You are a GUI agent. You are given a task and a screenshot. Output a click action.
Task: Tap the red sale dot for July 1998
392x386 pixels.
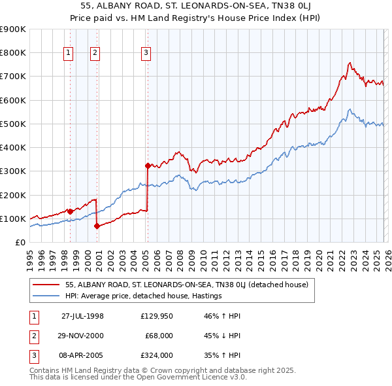(70, 211)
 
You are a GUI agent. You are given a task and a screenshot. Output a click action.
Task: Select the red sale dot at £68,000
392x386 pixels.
(97, 226)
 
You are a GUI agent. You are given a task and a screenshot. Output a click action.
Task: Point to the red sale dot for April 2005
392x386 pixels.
(148, 166)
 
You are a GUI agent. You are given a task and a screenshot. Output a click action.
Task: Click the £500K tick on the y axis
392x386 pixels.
(13, 124)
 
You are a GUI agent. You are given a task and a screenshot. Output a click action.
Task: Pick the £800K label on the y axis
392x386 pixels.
(13, 52)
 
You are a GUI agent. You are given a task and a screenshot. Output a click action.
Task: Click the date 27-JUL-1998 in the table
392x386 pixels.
(82, 316)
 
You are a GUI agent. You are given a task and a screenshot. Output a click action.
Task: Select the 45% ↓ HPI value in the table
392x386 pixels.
(223, 336)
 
